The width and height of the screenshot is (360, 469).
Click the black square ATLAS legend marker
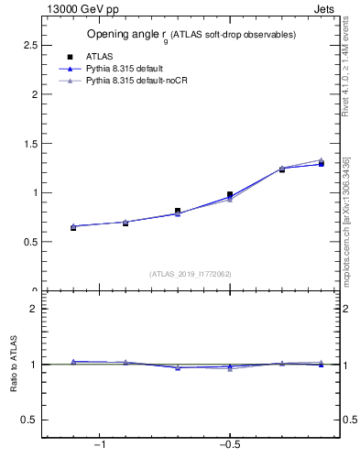coord(71,57)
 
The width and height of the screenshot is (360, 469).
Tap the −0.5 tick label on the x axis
coord(228,445)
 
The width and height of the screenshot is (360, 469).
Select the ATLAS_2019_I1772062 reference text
coord(191,274)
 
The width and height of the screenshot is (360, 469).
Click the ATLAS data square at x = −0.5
coord(230,195)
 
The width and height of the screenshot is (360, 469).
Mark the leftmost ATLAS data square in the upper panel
coord(73,227)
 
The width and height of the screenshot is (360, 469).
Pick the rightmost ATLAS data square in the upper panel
coord(321,164)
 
